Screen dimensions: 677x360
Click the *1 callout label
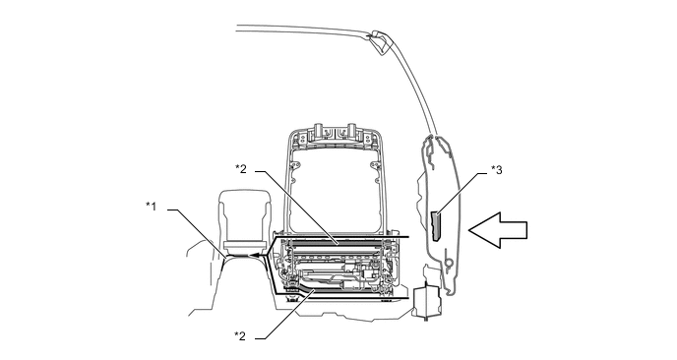click(151, 207)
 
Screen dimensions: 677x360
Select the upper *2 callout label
click(241, 169)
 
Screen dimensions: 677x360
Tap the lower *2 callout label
click(240, 335)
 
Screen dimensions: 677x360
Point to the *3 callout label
click(497, 170)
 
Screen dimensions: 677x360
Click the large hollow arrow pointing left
click(498, 230)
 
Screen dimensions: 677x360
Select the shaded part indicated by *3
click(436, 226)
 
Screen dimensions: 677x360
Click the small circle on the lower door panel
click(449, 262)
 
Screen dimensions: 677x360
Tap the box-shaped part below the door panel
click(427, 302)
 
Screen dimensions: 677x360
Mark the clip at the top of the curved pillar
click(381, 42)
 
